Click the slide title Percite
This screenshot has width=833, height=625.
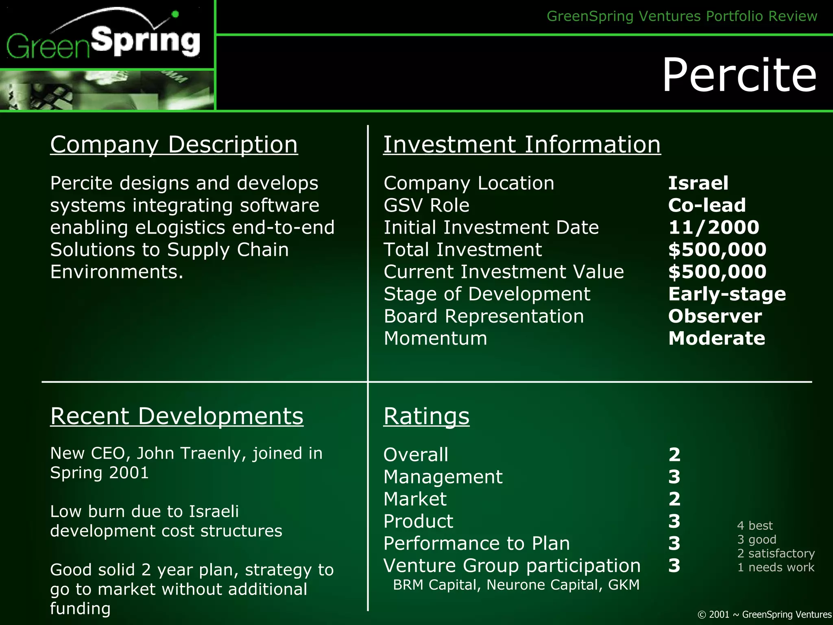tap(739, 75)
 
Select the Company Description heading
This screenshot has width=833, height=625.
tap(174, 145)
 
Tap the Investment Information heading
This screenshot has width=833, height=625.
tap(522, 145)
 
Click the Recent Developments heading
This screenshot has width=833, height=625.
tap(177, 416)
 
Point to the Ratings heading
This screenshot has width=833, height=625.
tap(426, 416)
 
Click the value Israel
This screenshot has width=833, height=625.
tap(698, 183)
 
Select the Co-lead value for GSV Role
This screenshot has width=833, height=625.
tap(707, 205)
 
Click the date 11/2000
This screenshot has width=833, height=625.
tap(713, 227)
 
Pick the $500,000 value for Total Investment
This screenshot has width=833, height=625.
tap(717, 249)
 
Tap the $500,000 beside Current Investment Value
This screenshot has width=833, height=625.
tap(717, 271)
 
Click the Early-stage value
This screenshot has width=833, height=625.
tap(727, 294)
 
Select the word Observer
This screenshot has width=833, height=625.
tap(715, 316)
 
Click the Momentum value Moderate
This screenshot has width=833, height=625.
tap(716, 338)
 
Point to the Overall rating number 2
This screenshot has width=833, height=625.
tap(674, 455)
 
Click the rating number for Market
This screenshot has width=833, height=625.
tap(674, 499)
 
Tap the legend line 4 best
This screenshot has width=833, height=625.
tap(754, 526)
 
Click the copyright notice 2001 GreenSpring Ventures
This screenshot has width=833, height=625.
tap(764, 614)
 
